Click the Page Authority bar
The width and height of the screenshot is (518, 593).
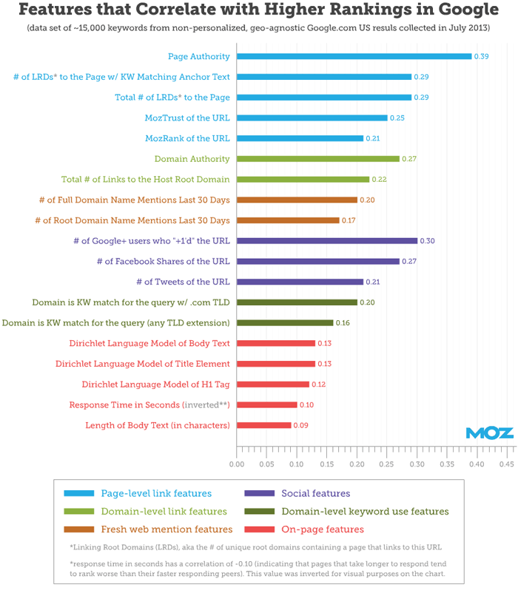pos(354,56)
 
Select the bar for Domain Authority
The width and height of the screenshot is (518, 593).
pos(317,158)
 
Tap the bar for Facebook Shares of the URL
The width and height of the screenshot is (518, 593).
pos(317,261)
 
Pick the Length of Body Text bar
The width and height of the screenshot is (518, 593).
pos(263,425)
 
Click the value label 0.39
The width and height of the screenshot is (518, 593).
pos(482,56)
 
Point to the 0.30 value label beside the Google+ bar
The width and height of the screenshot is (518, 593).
pos(428,240)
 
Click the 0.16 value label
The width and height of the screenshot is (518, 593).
pos(343,323)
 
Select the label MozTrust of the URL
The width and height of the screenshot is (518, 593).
pos(187,118)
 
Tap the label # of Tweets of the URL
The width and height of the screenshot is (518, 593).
pos(183,282)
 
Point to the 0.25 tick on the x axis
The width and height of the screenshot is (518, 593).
pos(387,464)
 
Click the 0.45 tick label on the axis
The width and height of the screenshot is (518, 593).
pos(506,464)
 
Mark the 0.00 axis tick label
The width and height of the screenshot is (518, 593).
pos(237,464)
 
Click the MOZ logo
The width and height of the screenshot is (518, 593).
pos(489,433)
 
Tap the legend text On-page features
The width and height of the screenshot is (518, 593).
pos(323,529)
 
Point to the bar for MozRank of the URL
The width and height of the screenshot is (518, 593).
pos(300,138)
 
